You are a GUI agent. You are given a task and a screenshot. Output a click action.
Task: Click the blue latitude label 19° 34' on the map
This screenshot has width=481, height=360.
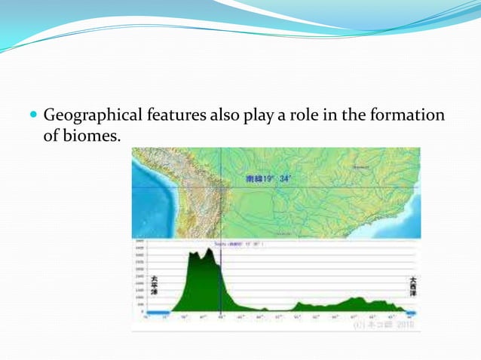[270, 179]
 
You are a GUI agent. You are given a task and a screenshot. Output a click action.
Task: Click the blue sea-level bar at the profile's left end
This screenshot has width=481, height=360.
[158, 312]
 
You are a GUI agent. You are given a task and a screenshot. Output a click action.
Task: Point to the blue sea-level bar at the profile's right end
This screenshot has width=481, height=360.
[412, 312]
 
